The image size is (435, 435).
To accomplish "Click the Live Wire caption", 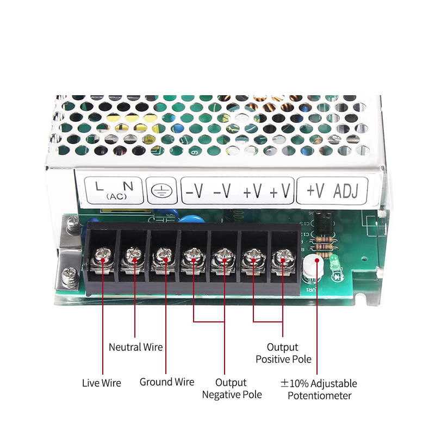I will [102, 383].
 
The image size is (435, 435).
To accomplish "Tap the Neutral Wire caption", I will [135, 347].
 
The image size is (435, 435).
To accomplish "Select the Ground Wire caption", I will [166, 382].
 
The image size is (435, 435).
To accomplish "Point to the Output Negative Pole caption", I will [232, 388].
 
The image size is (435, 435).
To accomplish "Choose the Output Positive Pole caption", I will [283, 353].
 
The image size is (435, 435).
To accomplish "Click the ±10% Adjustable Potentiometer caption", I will [319, 389].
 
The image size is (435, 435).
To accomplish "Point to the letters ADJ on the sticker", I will [349, 191].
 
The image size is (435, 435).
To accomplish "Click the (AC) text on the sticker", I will [115, 196].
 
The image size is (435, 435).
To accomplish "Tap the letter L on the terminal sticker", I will [99, 186].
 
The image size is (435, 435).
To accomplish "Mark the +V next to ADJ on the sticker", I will [315, 191].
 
